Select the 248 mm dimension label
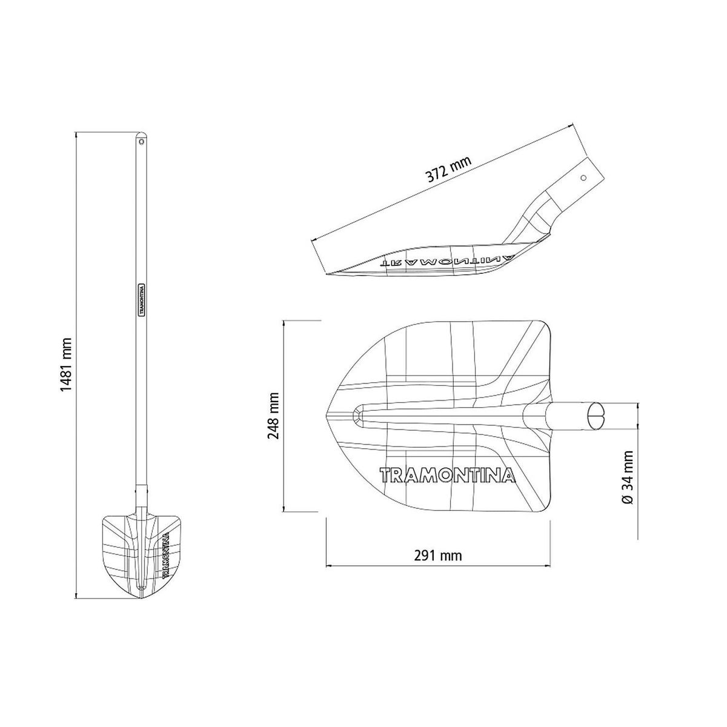pos(273,416)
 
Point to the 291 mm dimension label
pos(437,556)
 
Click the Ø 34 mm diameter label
pos(628,477)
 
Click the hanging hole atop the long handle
pos(142,142)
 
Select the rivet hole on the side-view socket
pos(583,178)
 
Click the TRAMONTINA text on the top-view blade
pos(448,476)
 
